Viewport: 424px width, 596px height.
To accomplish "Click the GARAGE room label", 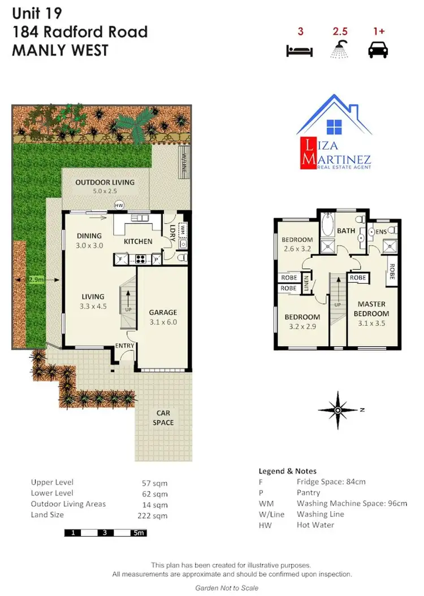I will (163, 312).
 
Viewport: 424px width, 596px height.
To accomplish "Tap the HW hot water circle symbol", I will (119, 205).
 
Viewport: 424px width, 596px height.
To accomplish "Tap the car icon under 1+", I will (378, 51).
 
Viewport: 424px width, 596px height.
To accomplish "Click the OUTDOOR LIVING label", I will (105, 183).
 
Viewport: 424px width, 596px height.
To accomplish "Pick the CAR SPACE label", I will (163, 418).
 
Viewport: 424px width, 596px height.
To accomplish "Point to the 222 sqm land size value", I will (152, 515).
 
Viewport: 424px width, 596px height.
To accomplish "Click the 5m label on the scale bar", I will (139, 533).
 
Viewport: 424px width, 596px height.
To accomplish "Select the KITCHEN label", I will (138, 241).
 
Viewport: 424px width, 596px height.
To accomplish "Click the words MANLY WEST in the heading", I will (60, 50).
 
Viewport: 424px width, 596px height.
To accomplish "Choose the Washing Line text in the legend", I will (320, 514).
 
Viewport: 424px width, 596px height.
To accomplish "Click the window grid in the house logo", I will (334, 126).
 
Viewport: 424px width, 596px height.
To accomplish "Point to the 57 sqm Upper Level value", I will (154, 483).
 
